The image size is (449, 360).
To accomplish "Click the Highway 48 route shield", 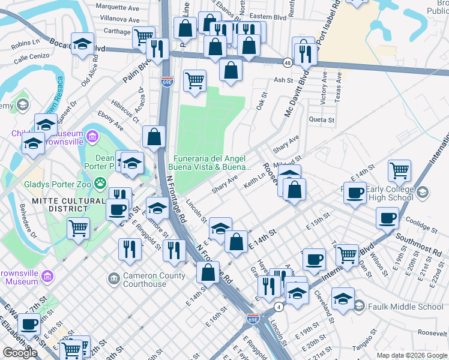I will (x=288, y=62).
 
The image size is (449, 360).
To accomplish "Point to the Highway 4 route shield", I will (x=279, y=307).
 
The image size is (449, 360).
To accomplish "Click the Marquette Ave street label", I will (x=118, y=8).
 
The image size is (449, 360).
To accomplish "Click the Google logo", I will (x=20, y=353).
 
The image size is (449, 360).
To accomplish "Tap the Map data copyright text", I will (x=411, y=355).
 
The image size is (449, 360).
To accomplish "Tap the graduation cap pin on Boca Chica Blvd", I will (x=83, y=44).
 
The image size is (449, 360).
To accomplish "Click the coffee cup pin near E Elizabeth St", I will (x=29, y=324).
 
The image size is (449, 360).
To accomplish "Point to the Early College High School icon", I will (x=422, y=193).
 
